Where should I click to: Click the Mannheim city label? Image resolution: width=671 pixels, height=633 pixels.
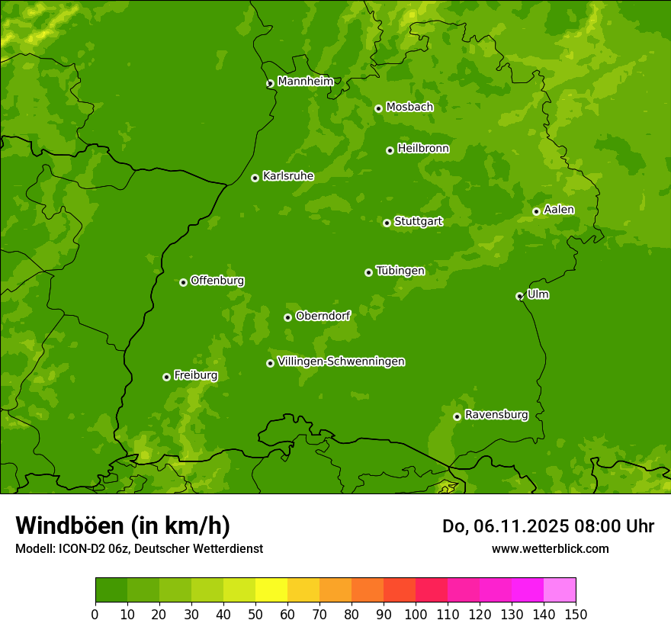pyautogui.click(x=305, y=81)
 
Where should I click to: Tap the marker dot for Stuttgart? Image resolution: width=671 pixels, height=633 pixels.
pyautogui.click(x=387, y=223)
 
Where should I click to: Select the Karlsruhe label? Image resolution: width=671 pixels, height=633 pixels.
pyautogui.click(x=288, y=176)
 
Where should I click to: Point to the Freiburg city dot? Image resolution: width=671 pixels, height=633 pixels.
pyautogui.click(x=166, y=377)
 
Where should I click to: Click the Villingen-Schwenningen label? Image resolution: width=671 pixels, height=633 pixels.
pyautogui.click(x=341, y=361)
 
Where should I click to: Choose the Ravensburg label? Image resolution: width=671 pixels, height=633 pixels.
pyautogui.click(x=496, y=415)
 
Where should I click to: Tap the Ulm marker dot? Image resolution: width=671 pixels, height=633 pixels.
pyautogui.click(x=519, y=296)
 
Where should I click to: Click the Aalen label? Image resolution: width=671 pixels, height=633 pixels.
pyautogui.click(x=559, y=210)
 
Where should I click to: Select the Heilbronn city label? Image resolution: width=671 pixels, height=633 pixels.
pyautogui.click(x=423, y=149)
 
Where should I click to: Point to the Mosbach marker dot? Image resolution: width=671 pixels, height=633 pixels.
pyautogui.click(x=378, y=108)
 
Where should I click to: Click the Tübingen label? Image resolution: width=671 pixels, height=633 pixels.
pyautogui.click(x=400, y=271)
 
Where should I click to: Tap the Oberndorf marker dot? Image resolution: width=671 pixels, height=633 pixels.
pyautogui.click(x=287, y=317)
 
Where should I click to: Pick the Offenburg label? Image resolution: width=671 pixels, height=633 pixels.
pyautogui.click(x=217, y=281)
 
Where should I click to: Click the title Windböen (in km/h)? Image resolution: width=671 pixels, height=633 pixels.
pyautogui.click(x=122, y=525)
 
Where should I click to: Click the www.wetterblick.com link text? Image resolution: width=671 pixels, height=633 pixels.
pyautogui.click(x=550, y=548)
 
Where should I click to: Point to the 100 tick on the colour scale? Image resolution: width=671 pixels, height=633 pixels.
pyautogui.click(x=416, y=613)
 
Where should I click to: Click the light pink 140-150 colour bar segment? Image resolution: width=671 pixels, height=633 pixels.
pyautogui.click(x=560, y=590)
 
